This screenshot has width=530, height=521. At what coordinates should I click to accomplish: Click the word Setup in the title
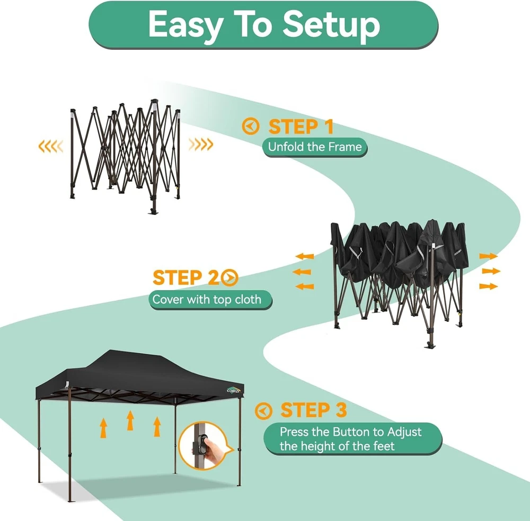point(331,24)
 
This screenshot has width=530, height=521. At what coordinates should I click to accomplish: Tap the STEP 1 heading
point(301,127)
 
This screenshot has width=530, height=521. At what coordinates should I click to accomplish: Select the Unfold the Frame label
point(315,147)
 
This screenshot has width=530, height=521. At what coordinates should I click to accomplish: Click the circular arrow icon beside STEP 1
point(251,127)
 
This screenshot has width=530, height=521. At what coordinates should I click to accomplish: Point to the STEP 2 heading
point(186,277)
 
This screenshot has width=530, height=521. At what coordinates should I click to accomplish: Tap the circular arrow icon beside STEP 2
point(230,277)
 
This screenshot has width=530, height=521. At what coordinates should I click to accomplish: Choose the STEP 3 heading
point(314,410)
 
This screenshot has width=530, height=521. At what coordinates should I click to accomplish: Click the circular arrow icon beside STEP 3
point(263,411)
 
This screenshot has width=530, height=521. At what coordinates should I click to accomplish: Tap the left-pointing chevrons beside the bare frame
point(51,146)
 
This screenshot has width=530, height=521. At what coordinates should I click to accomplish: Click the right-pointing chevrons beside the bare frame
point(201,144)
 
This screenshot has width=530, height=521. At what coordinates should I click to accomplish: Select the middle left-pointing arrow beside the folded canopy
point(302,272)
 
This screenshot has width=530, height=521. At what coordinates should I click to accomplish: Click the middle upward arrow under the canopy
point(130,420)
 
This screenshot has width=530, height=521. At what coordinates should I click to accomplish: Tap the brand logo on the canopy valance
point(234,391)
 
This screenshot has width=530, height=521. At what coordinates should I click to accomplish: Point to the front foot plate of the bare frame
point(154,212)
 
